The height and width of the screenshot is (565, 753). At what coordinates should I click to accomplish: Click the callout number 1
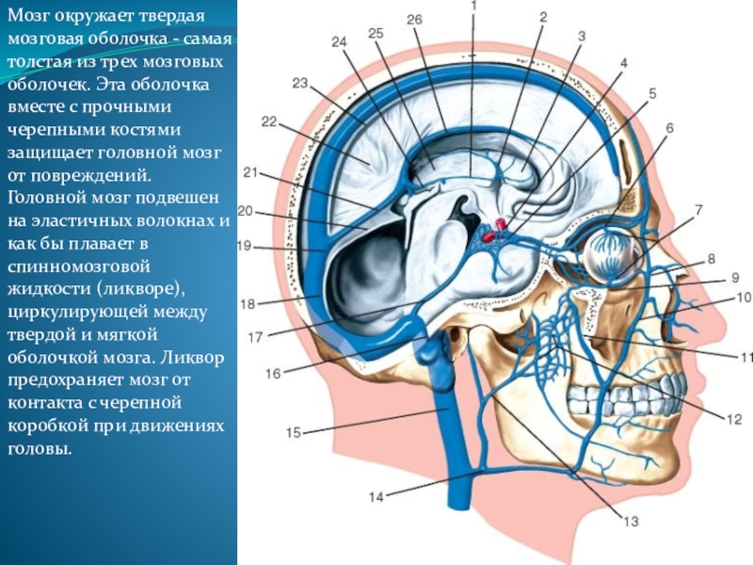tap(473, 6)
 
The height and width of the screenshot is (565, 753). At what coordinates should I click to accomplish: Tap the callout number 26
tap(415, 19)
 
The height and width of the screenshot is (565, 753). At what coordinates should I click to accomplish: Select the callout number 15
tap(293, 433)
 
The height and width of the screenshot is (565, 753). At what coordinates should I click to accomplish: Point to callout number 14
tap(376, 497)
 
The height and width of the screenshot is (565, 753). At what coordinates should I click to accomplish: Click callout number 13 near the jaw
tap(630, 521)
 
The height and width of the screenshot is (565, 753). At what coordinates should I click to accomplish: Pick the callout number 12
tap(734, 419)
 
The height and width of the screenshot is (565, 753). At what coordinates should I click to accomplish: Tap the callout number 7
tap(698, 209)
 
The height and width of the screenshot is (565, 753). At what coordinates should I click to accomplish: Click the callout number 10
tap(743, 298)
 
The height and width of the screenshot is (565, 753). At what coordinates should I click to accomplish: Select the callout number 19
tap(243, 247)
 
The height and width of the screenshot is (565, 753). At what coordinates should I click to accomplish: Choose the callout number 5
tap(651, 93)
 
